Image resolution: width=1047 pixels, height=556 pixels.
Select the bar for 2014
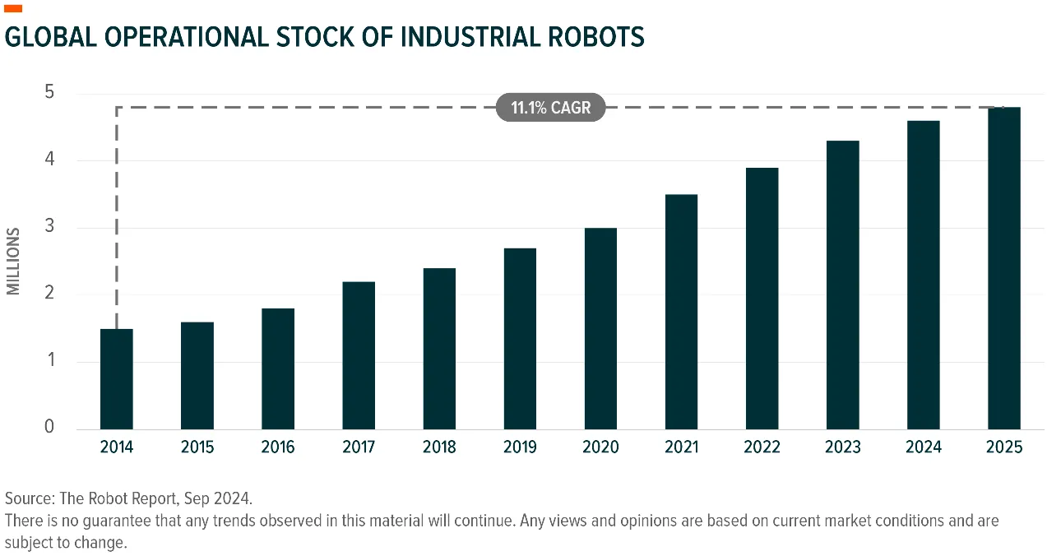coord(117,379)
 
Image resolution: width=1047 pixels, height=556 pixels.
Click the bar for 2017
coord(359,355)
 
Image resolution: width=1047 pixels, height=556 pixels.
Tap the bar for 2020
coord(600,328)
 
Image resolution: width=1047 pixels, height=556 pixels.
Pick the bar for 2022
coord(762,299)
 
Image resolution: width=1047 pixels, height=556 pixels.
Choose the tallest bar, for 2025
coord(1004,268)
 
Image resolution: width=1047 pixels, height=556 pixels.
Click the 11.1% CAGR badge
coord(550,108)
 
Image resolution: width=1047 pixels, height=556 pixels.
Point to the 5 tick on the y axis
coord(49,91)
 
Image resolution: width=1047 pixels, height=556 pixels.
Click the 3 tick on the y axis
coord(49,225)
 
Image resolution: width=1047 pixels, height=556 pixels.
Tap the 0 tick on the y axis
coord(49,426)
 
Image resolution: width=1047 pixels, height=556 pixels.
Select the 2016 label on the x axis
coord(278,447)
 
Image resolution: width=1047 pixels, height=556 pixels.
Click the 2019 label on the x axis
coord(520,447)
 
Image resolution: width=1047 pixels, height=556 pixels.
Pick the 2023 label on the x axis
coord(843,447)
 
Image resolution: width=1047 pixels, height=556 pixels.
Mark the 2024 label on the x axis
coord(924,447)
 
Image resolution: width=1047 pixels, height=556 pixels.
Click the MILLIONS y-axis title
coord(13,262)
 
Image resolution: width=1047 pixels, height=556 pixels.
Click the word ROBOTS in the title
coord(596,37)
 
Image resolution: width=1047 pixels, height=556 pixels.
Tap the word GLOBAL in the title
coord(50,37)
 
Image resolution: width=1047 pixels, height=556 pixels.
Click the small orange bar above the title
coord(13,8)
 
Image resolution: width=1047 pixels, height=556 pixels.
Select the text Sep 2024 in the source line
coord(217,498)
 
